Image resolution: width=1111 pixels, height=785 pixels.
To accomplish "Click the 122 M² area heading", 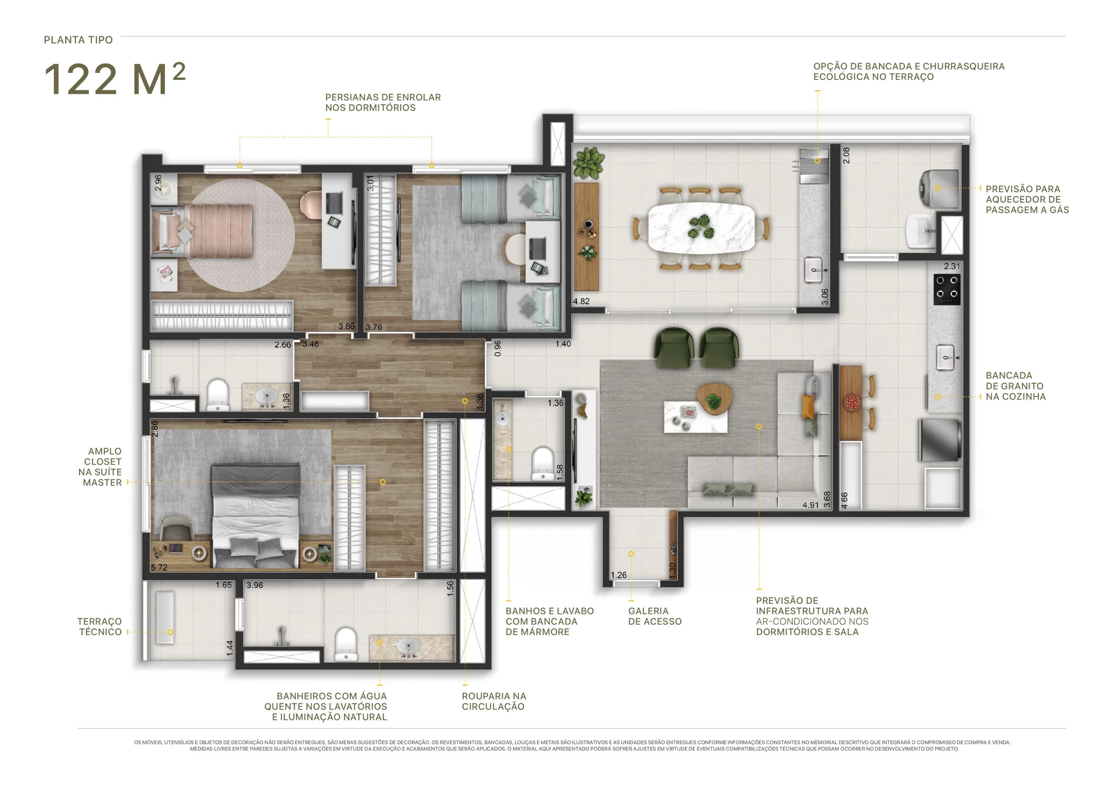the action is (x=115, y=79).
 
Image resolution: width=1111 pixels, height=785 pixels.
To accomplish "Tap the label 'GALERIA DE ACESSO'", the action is (x=655, y=616).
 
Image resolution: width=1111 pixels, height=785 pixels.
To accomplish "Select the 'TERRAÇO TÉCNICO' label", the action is (x=100, y=626).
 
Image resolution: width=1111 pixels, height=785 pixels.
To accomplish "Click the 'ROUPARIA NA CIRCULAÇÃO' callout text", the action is (x=493, y=701).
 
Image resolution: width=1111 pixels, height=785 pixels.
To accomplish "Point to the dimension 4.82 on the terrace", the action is (x=581, y=301).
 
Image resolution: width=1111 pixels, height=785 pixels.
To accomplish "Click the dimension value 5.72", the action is (x=159, y=567).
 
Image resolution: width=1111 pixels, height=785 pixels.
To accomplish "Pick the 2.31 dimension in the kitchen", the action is (x=952, y=266).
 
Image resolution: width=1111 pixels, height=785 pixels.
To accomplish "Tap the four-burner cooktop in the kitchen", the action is (x=947, y=289).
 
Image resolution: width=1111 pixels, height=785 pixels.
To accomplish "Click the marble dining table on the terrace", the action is (x=700, y=228).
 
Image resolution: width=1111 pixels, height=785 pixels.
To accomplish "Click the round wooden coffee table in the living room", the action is (x=713, y=398).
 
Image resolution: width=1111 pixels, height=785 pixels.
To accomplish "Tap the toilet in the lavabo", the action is (x=543, y=464).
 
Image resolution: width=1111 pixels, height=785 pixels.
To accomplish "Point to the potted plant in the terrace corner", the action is (x=588, y=163).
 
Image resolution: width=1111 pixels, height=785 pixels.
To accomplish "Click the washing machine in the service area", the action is (x=939, y=189).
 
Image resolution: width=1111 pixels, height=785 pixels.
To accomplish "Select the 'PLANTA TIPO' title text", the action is (x=79, y=40).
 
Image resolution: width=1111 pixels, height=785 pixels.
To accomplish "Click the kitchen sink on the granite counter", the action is (x=946, y=357).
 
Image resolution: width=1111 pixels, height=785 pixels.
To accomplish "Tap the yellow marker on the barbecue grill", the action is (x=817, y=161).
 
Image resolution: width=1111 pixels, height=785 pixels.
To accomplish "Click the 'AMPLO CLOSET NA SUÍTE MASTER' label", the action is (x=102, y=467).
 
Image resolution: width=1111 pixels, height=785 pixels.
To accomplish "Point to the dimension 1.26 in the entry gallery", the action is (x=618, y=575).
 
